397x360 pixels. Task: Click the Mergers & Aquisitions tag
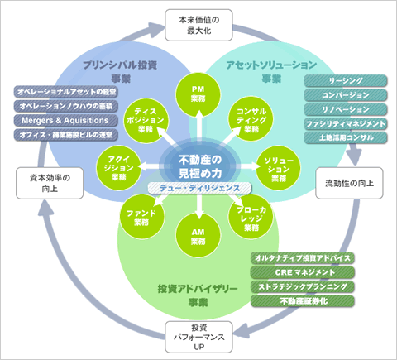[x=66, y=119]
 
